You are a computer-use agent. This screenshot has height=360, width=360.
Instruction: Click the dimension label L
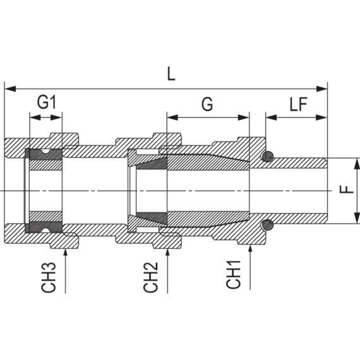171,74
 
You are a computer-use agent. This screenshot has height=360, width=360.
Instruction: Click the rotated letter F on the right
349,190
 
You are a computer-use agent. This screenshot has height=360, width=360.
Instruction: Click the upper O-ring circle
268,157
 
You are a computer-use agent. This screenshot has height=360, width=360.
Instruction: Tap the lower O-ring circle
268,224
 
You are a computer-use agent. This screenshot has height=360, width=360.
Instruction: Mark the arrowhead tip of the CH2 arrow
167,247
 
